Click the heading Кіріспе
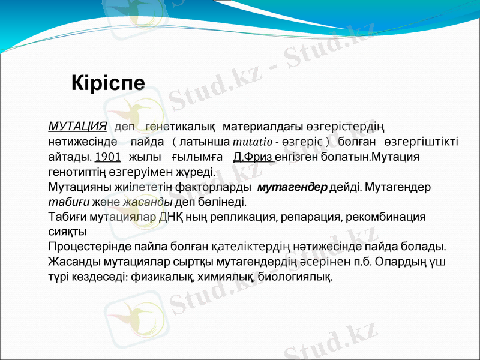(x=108, y=82)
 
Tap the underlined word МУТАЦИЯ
(x=77, y=127)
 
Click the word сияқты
(x=67, y=231)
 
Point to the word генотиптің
(x=81, y=172)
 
